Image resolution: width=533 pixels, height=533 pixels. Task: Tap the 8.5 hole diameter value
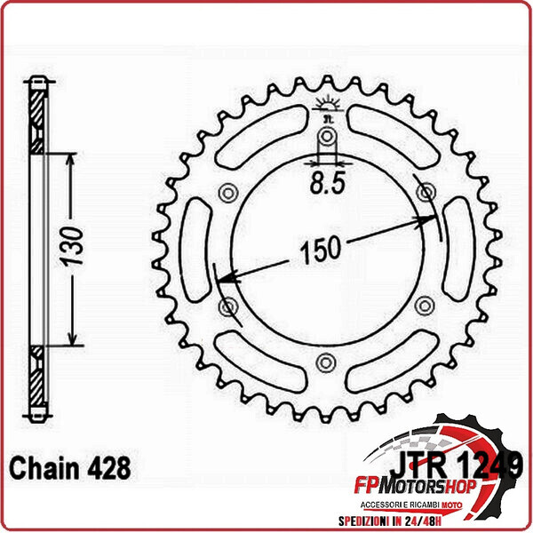point(327,187)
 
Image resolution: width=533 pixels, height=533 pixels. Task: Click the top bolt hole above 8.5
point(327,137)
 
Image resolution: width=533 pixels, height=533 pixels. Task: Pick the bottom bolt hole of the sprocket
point(327,362)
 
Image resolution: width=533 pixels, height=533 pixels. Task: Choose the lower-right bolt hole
point(425,306)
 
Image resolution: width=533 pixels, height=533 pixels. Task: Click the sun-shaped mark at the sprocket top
point(327,106)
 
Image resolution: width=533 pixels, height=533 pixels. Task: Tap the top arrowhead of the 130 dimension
point(71,155)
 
